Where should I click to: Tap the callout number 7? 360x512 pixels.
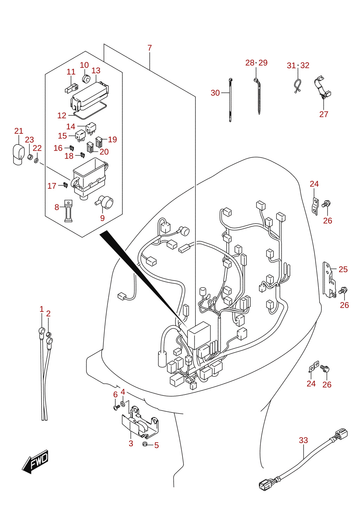pyautogui.click(x=149, y=48)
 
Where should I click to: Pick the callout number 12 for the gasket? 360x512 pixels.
pyautogui.click(x=62, y=116)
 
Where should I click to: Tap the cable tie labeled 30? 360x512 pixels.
pyautogui.click(x=230, y=100)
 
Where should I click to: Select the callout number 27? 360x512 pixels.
pyautogui.click(x=324, y=114)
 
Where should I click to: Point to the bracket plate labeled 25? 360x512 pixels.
pyautogui.click(x=329, y=280)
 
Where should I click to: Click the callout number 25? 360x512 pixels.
pyautogui.click(x=343, y=270)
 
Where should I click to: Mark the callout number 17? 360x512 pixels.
pyautogui.click(x=52, y=186)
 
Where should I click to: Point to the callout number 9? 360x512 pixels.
pyautogui.click(x=102, y=218)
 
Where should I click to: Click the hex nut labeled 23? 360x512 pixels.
pyautogui.click(x=30, y=157)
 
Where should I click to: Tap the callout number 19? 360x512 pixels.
pyautogui.click(x=112, y=139)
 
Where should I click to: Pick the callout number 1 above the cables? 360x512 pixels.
pyautogui.click(x=41, y=309)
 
